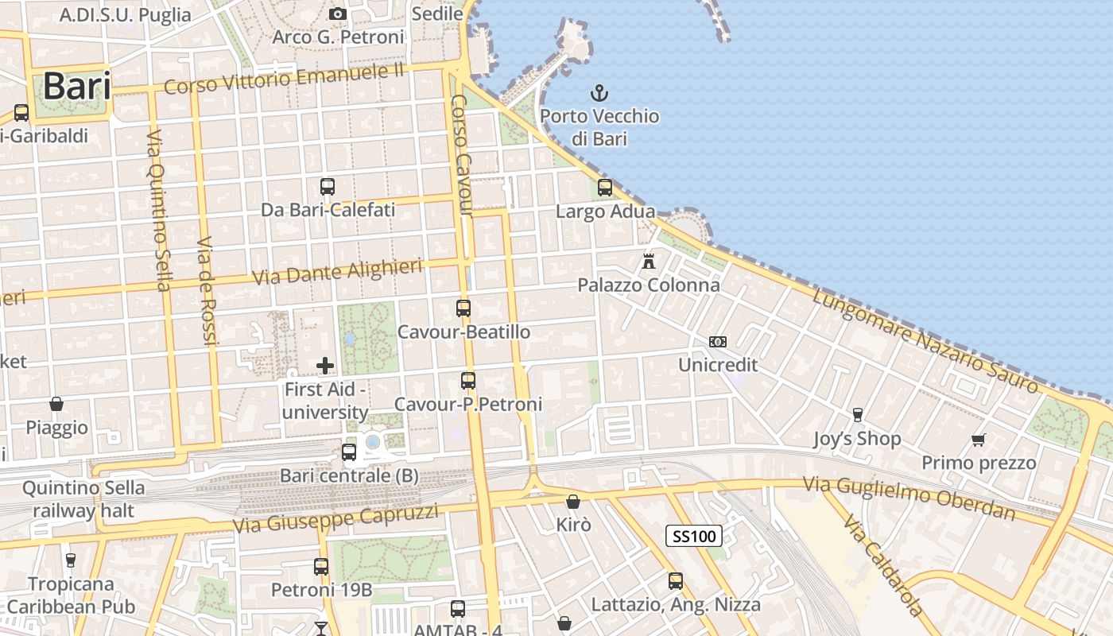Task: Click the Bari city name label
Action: pos(76,86)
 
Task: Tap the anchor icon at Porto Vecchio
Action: pos(599,93)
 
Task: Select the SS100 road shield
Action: pos(694,536)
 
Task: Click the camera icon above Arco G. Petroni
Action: pos(338,14)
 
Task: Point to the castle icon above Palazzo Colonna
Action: pos(649,261)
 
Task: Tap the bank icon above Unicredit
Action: pos(717,342)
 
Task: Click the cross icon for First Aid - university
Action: pos(325,366)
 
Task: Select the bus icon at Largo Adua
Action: pos(605,188)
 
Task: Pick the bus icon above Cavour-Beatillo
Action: pos(463,308)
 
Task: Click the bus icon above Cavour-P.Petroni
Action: pos(468,380)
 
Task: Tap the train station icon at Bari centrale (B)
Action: pos(348,452)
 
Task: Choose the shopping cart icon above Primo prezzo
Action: pos(979,439)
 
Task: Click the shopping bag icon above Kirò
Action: pos(572,502)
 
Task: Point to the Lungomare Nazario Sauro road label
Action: pos(925,340)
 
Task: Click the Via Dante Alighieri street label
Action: pos(337,272)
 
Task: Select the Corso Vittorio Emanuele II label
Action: pos(285,79)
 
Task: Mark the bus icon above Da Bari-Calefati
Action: pos(327,187)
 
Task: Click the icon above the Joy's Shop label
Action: pos(857,414)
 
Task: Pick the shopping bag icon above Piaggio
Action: pos(56,404)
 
